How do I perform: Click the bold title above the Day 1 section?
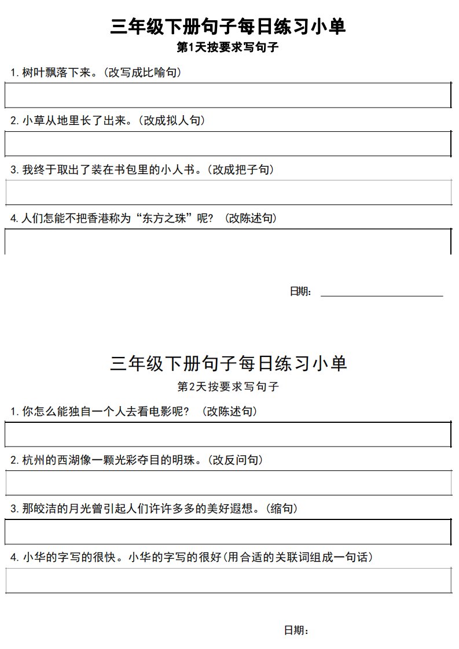(229, 27)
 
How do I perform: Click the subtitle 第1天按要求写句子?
(229, 48)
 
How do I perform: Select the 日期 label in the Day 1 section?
(300, 292)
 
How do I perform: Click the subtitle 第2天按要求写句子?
(229, 386)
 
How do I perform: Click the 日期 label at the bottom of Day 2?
(296, 630)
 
